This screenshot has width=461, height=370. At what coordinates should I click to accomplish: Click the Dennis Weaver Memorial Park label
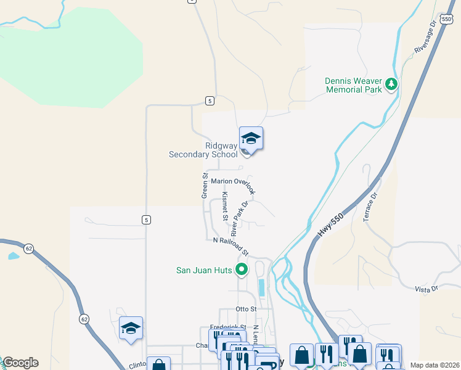[353, 84]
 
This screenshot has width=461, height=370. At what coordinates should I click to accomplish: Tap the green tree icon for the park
[391, 84]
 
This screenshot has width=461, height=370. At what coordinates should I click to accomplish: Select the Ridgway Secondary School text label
[203, 150]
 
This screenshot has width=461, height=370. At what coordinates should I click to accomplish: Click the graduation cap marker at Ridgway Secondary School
[251, 138]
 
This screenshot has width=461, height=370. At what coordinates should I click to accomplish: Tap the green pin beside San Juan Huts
[242, 269]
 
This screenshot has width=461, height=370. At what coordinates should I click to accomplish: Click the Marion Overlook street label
[232, 181]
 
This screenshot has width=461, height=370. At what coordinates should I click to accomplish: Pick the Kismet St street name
[226, 206]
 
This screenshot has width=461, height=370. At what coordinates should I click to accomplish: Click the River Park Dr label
[239, 218]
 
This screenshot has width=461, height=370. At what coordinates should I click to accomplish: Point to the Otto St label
[245, 309]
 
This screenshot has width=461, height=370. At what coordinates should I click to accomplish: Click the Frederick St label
[227, 327]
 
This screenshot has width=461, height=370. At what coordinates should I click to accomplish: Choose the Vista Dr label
[426, 288]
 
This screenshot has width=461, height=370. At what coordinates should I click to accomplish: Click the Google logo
[20, 363]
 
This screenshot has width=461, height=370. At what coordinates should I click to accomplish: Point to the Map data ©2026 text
[434, 365]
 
